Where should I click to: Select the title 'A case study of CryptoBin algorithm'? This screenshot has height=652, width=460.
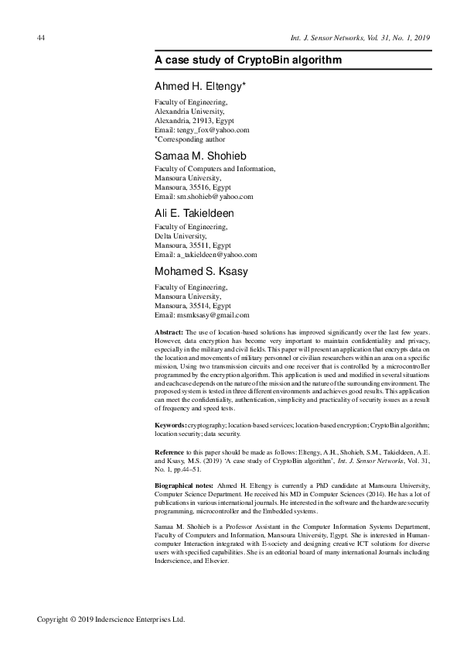247,60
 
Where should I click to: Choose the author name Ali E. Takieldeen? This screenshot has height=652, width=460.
194,213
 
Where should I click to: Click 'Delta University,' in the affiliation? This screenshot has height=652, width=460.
181,235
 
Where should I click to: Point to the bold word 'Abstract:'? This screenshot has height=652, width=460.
169,332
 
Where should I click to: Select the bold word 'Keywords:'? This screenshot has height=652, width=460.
171,425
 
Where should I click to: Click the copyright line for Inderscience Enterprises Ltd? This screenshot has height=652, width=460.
111,620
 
